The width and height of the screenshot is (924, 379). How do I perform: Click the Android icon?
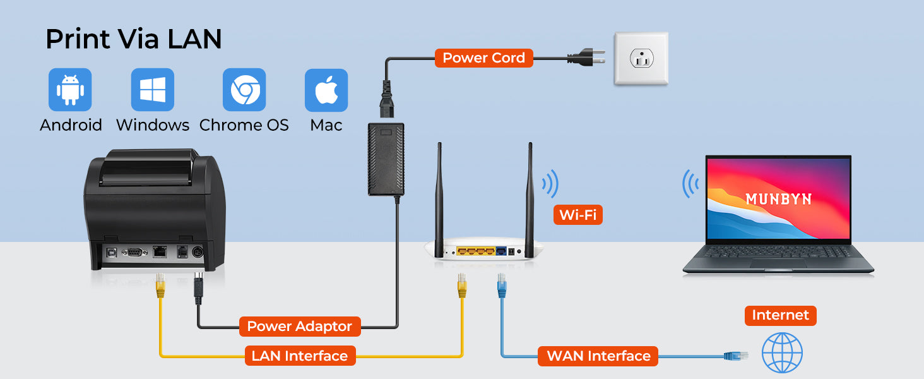point(70,90)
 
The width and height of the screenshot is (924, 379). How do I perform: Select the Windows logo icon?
point(152,90)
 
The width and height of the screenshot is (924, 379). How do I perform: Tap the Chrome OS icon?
point(244,90)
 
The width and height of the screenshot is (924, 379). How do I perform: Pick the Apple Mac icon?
point(326,90)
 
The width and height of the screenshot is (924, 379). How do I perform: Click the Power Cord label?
point(483,58)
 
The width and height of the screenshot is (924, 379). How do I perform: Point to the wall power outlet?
point(641,59)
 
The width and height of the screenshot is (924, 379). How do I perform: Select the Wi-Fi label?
point(577,215)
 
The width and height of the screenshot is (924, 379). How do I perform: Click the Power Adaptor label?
point(299,327)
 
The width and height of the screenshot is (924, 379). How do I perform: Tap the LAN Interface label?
point(299,356)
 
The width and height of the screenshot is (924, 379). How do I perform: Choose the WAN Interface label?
point(598,356)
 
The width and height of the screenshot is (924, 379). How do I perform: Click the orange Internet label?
point(780,315)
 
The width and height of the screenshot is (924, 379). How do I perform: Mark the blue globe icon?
point(782,352)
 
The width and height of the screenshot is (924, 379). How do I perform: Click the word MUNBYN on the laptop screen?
point(778,200)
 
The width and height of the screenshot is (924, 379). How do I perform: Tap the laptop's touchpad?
point(778,263)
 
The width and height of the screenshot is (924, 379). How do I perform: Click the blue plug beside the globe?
point(736,356)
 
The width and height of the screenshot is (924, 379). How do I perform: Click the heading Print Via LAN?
point(134,39)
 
